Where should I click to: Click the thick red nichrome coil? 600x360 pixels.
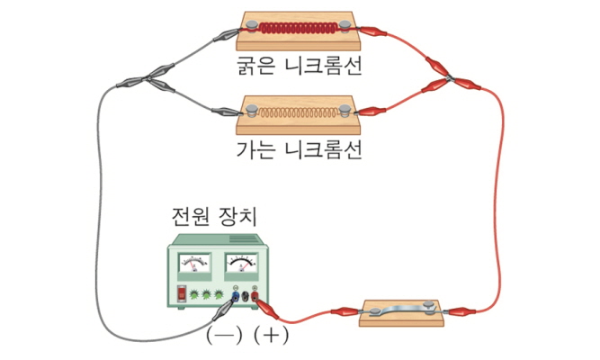pyautogui.click(x=296, y=28)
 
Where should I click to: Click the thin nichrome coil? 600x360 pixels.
pyautogui.click(x=296, y=112)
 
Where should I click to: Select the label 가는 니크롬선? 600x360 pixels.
pyautogui.click(x=296, y=148)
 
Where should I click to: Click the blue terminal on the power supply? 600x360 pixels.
pyautogui.click(x=235, y=294)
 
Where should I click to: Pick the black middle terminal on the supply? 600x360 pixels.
pyautogui.click(x=246, y=294)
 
